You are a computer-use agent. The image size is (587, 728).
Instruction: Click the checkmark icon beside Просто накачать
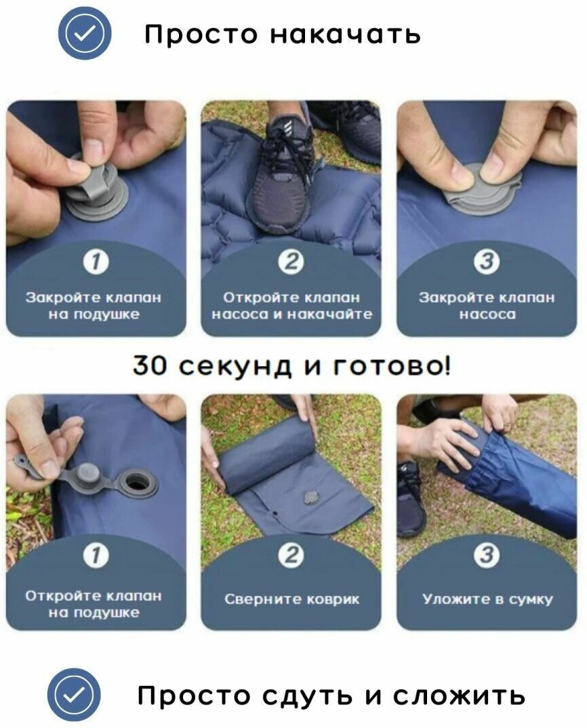(x=85, y=33)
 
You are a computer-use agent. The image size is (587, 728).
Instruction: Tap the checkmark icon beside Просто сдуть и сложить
(x=74, y=695)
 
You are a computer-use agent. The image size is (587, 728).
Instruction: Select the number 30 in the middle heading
(x=149, y=366)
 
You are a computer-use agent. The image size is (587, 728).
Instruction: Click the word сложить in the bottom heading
(x=459, y=696)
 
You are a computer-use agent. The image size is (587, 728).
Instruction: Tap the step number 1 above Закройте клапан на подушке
(x=96, y=262)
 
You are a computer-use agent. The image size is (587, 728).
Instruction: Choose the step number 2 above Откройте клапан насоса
(x=291, y=262)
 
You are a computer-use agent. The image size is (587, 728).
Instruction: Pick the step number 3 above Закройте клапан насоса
(x=486, y=262)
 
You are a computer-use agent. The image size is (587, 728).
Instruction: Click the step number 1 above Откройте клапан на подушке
(x=96, y=556)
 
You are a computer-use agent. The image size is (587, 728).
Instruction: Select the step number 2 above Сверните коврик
(x=291, y=556)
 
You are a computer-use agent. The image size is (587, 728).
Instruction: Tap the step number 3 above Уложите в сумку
(x=486, y=556)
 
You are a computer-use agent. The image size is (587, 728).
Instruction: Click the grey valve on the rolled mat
(x=310, y=498)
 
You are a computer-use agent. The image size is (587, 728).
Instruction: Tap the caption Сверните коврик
(x=291, y=599)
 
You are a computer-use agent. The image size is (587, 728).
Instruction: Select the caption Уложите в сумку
(x=487, y=599)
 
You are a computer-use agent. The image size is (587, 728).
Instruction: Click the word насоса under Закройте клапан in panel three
(x=487, y=315)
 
